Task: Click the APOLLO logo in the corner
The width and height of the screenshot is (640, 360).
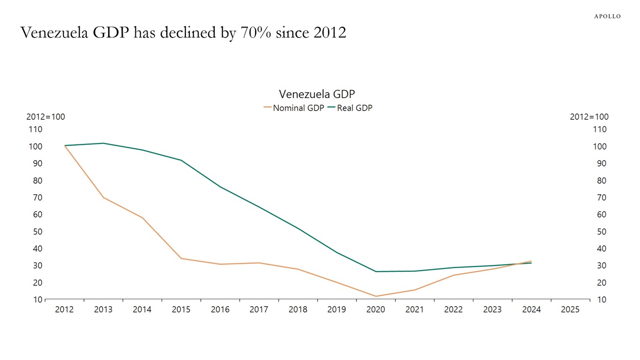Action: (x=607, y=16)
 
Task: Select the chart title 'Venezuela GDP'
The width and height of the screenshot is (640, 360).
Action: (x=317, y=94)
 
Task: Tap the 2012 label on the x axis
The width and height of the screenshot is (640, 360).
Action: (x=64, y=309)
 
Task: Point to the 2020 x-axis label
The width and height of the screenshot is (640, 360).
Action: (x=375, y=309)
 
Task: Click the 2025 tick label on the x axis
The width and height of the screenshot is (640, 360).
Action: (x=570, y=309)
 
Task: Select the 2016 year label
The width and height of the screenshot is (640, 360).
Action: (x=220, y=309)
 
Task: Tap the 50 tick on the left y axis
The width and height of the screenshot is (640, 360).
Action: (x=37, y=232)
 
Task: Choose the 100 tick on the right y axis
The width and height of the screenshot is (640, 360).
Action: (x=600, y=147)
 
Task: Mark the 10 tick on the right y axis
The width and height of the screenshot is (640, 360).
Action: (x=602, y=300)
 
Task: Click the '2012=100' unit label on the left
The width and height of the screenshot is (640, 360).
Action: (x=45, y=117)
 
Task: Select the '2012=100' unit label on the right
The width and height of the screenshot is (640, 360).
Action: (x=589, y=117)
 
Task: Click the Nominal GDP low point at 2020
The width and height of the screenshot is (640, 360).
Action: (x=375, y=296)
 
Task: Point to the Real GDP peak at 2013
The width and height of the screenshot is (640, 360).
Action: (x=103, y=143)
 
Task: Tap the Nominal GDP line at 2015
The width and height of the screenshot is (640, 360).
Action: (x=181, y=258)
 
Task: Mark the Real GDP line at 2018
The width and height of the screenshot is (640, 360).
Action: (x=298, y=228)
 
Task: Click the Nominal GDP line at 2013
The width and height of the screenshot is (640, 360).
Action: (x=103, y=197)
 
